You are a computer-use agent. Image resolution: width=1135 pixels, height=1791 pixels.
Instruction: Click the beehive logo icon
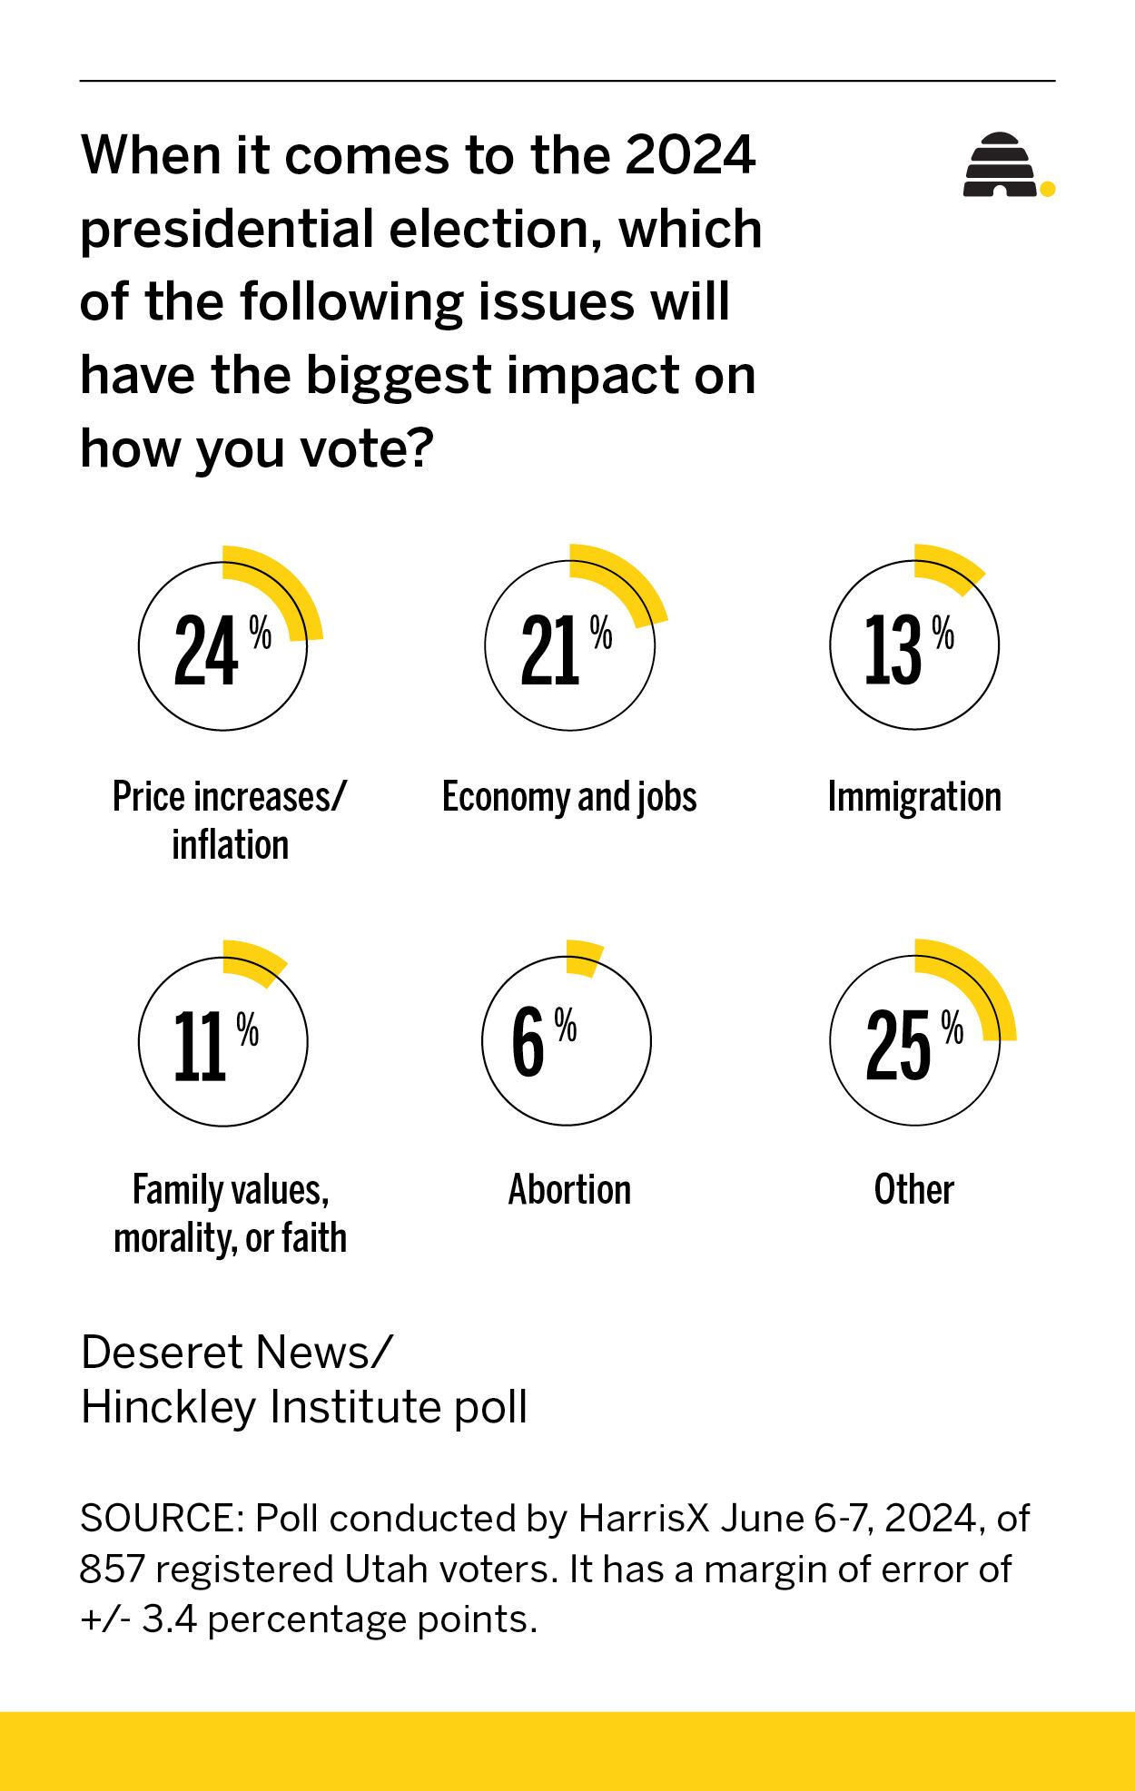[1000, 165]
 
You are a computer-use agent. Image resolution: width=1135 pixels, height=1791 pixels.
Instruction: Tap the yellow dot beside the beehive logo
[1047, 189]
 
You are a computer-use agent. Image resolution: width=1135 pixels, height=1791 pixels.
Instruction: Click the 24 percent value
[207, 651]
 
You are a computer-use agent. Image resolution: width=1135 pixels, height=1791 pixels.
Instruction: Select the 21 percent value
[551, 651]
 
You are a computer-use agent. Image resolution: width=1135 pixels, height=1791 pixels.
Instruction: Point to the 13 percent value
[893, 651]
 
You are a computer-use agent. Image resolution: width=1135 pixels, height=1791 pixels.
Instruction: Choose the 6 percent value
[528, 1044]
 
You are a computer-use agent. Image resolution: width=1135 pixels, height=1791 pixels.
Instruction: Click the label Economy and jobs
[569, 797]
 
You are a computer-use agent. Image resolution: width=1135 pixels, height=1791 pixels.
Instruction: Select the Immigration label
[913, 797]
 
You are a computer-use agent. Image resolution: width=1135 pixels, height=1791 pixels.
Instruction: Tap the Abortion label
[569, 1189]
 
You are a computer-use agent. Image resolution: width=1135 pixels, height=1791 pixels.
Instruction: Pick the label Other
[913, 1189]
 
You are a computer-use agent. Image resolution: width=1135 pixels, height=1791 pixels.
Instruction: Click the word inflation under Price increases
[230, 845]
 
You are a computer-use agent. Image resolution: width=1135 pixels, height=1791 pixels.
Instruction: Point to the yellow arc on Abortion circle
[584, 957]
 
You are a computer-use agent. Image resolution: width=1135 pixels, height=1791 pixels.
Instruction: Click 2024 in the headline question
[690, 155]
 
